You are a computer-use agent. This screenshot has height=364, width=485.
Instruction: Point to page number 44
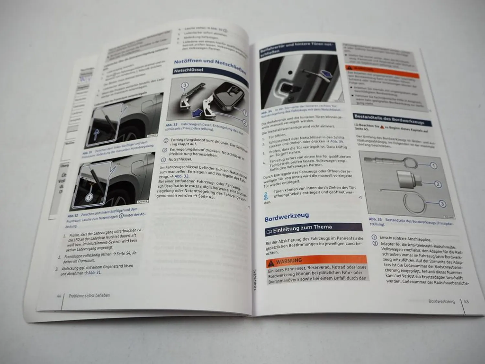59,296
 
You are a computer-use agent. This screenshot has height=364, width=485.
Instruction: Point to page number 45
466,301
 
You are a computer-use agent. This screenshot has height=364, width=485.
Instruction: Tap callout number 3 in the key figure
185,85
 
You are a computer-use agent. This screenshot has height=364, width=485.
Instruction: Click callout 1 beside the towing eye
433,166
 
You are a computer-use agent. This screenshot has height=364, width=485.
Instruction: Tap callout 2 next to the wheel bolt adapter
437,184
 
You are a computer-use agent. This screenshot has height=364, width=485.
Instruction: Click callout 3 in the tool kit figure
442,204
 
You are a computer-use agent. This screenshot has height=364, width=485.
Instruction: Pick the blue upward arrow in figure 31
96,134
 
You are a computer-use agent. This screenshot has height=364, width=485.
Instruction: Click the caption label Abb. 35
375,219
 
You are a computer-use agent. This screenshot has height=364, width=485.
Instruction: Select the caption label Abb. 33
172,125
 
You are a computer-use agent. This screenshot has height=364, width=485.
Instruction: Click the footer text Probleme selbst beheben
89,295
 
